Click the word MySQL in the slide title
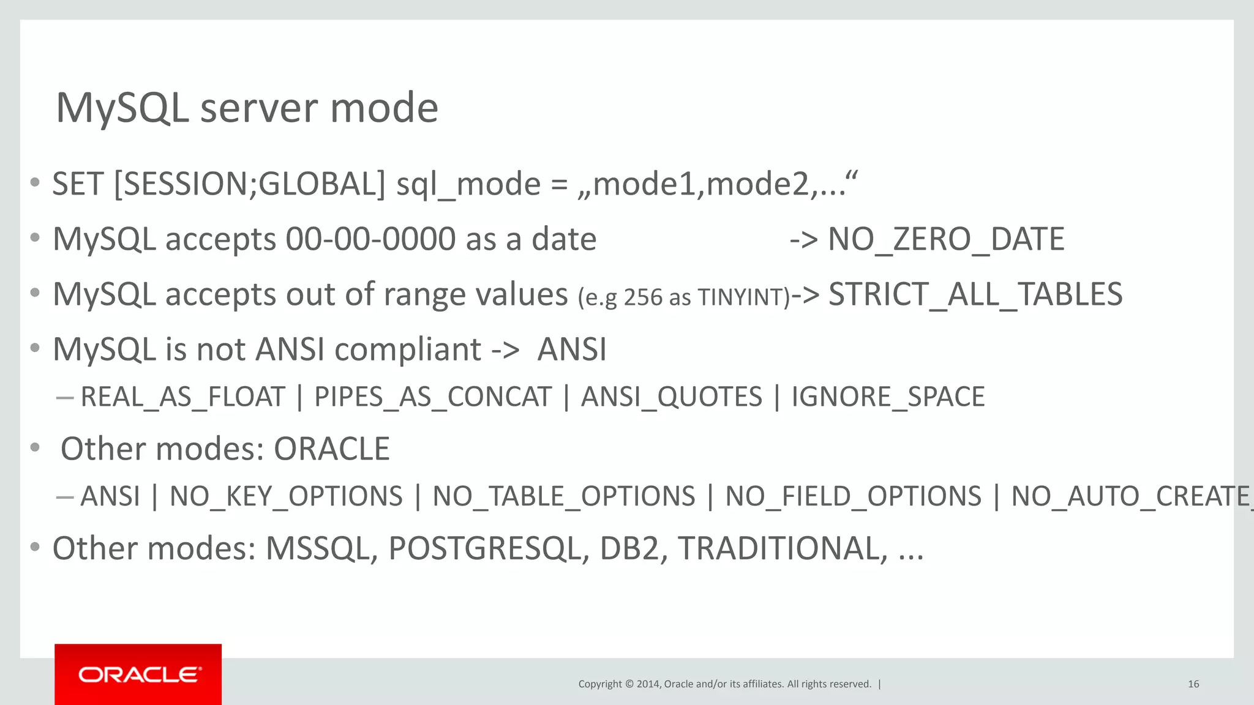pyautogui.click(x=122, y=108)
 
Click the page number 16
pyautogui.click(x=1193, y=684)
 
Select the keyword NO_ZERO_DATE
pyautogui.click(x=946, y=239)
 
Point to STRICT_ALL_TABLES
pyautogui.click(x=975, y=294)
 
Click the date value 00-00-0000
pyautogui.click(x=370, y=239)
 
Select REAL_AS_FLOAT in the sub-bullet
pyautogui.click(x=182, y=397)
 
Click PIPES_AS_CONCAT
pyautogui.click(x=432, y=397)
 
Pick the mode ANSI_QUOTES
pyautogui.click(x=671, y=397)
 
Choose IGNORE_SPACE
pyautogui.click(x=888, y=397)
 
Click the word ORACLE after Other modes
pyautogui.click(x=331, y=449)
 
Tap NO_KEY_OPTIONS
pyautogui.click(x=286, y=496)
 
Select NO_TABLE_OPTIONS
pyautogui.click(x=563, y=496)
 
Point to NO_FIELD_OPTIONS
pyautogui.click(x=853, y=496)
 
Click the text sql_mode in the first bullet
pyautogui.click(x=468, y=184)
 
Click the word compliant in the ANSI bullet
pyautogui.click(x=408, y=350)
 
